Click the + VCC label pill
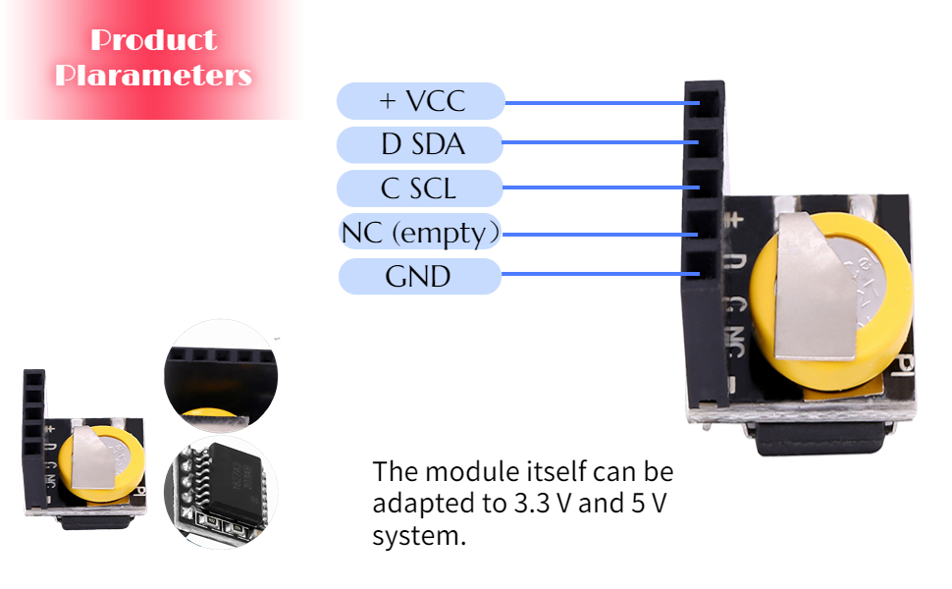tap(421, 101)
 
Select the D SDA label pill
tap(421, 144)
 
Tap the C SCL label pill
tap(419, 187)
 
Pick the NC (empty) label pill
tap(419, 233)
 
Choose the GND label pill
tap(419, 276)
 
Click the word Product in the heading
tap(153, 40)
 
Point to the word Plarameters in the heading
tap(153, 75)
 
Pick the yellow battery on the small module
tap(93, 461)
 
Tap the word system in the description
tap(412, 537)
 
